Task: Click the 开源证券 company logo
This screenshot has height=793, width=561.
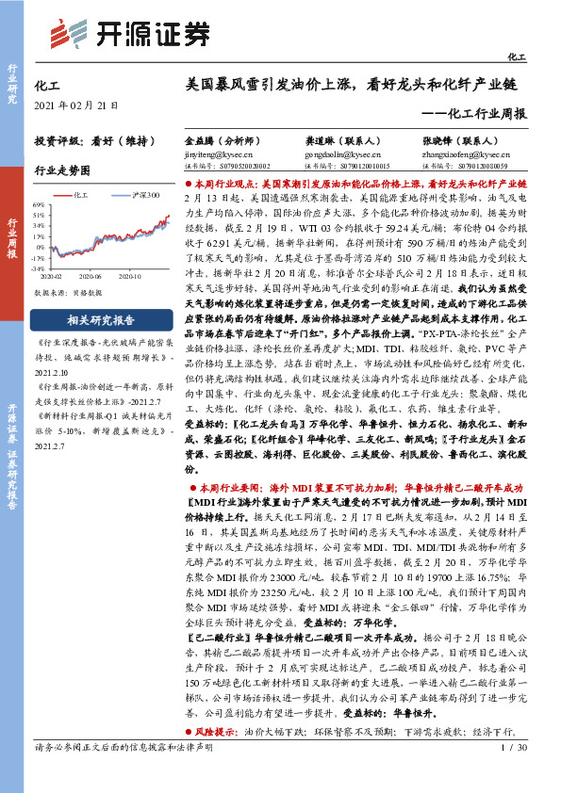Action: (129, 33)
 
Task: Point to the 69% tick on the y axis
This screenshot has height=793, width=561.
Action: (38, 204)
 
